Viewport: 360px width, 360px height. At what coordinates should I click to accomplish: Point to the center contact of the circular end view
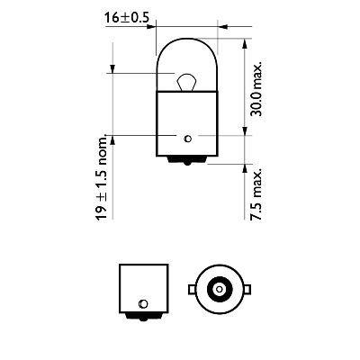(x=218, y=287)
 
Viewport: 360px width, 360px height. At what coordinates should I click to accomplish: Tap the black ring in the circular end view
(x=218, y=278)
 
